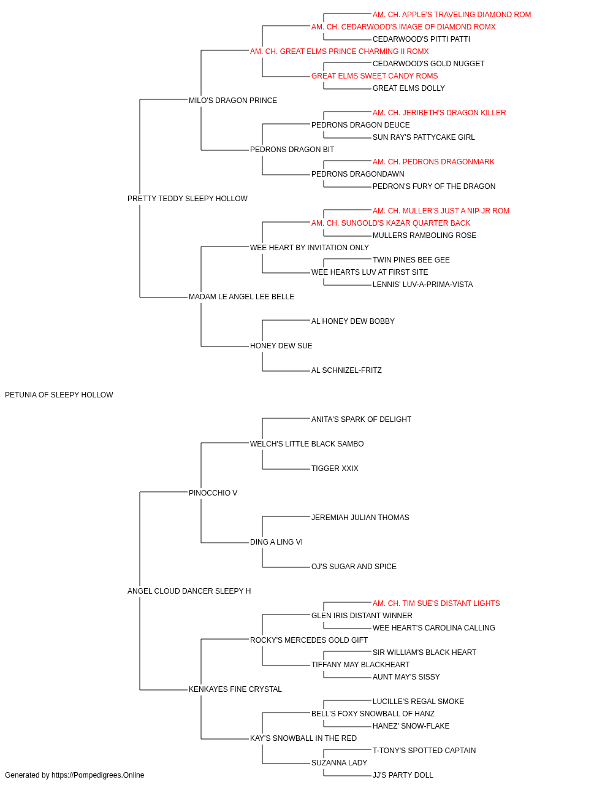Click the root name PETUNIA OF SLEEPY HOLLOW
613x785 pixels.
point(59,395)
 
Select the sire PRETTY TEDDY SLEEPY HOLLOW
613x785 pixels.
point(188,199)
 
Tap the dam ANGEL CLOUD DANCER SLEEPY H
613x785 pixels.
point(189,591)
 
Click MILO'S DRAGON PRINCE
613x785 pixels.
point(233,101)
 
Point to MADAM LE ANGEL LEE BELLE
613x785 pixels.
point(242,297)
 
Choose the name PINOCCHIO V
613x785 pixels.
point(213,493)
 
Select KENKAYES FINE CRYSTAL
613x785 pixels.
point(235,689)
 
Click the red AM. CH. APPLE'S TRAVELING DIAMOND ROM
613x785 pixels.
point(452,15)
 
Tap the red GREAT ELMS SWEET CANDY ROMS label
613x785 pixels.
point(375,76)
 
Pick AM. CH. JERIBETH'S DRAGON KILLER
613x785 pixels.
point(439,113)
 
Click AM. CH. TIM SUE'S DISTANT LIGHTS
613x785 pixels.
point(436,603)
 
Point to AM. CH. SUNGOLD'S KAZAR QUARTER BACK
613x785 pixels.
point(390,223)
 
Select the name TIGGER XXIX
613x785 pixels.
point(335,469)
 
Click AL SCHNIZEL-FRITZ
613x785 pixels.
point(346,370)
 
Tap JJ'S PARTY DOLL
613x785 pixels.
point(403,775)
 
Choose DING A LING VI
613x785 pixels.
point(276,542)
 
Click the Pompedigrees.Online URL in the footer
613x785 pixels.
point(97,775)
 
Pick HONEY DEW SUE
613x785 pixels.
point(281,346)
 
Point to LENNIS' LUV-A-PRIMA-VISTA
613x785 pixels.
point(422,285)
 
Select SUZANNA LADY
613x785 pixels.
point(339,763)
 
